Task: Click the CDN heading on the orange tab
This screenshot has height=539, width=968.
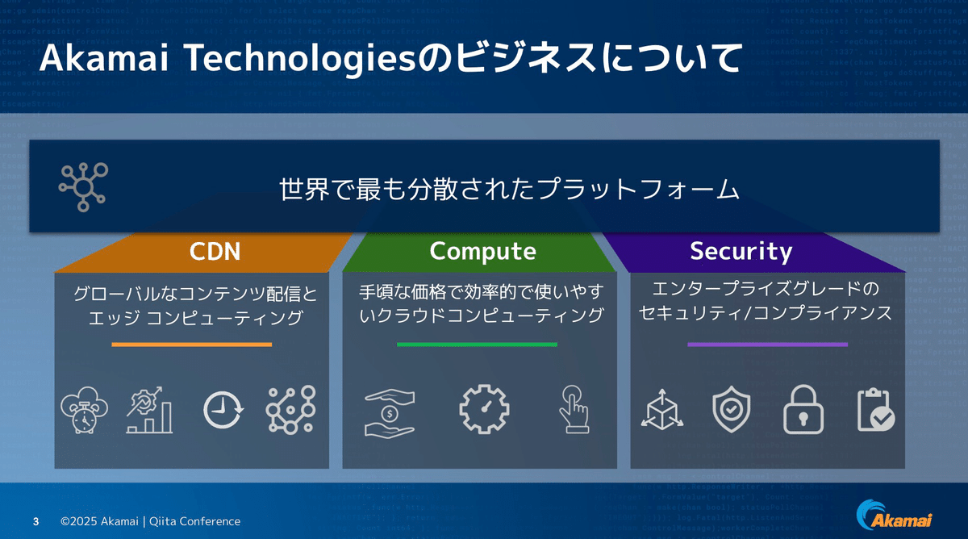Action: pyautogui.click(x=215, y=252)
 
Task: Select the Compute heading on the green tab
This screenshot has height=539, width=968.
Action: pyautogui.click(x=482, y=252)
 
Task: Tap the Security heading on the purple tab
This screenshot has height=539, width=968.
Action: pyautogui.click(x=741, y=252)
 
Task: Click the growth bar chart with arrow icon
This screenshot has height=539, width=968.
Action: pyautogui.click(x=150, y=409)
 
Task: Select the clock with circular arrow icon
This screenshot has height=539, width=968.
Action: pyautogui.click(x=220, y=410)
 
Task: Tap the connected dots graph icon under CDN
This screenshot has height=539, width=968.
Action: pyautogui.click(x=290, y=409)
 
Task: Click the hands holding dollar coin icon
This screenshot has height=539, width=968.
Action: pyautogui.click(x=390, y=409)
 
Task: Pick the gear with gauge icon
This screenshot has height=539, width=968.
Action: pyautogui.click(x=484, y=409)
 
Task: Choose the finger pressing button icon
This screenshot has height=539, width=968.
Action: pyautogui.click(x=574, y=409)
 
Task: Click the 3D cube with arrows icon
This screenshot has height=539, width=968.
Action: pyautogui.click(x=661, y=411)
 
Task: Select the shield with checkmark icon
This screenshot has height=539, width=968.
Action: pyautogui.click(x=732, y=410)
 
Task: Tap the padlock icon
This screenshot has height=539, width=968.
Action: pyautogui.click(x=804, y=410)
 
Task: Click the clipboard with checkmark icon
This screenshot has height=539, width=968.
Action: pyautogui.click(x=874, y=410)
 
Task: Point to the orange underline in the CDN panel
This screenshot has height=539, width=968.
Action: pyautogui.click(x=192, y=345)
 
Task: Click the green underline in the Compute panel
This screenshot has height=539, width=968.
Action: pyautogui.click(x=477, y=345)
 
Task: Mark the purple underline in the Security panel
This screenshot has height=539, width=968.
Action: pyautogui.click(x=767, y=345)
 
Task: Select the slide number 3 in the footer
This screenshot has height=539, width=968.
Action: pyautogui.click(x=35, y=521)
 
